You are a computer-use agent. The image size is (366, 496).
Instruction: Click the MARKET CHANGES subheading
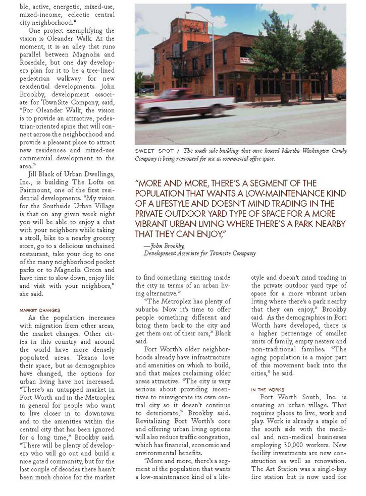click(x=40, y=310)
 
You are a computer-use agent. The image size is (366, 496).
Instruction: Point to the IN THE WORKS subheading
click(x=268, y=390)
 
